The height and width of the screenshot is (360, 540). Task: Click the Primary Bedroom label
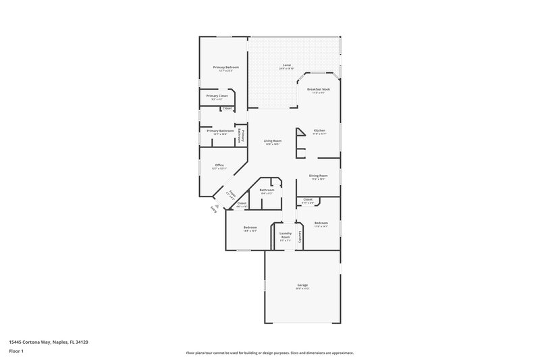(x=226, y=68)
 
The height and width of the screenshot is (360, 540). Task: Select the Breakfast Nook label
(x=318, y=90)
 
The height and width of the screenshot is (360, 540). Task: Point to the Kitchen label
(x=319, y=130)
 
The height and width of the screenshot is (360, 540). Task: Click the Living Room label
(x=272, y=140)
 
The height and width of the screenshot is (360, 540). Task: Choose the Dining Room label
(x=318, y=176)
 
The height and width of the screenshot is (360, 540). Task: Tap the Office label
(x=219, y=165)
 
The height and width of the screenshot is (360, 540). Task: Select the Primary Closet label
(x=217, y=96)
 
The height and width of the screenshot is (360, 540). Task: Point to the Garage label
(x=302, y=285)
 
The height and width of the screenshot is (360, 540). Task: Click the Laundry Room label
(x=285, y=235)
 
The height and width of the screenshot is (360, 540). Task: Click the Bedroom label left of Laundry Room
(x=250, y=228)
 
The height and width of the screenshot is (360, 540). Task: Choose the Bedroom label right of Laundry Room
(x=321, y=223)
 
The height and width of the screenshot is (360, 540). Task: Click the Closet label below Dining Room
(x=308, y=200)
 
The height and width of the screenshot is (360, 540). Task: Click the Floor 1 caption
(x=16, y=352)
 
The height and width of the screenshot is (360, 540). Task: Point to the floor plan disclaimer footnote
(x=270, y=352)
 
